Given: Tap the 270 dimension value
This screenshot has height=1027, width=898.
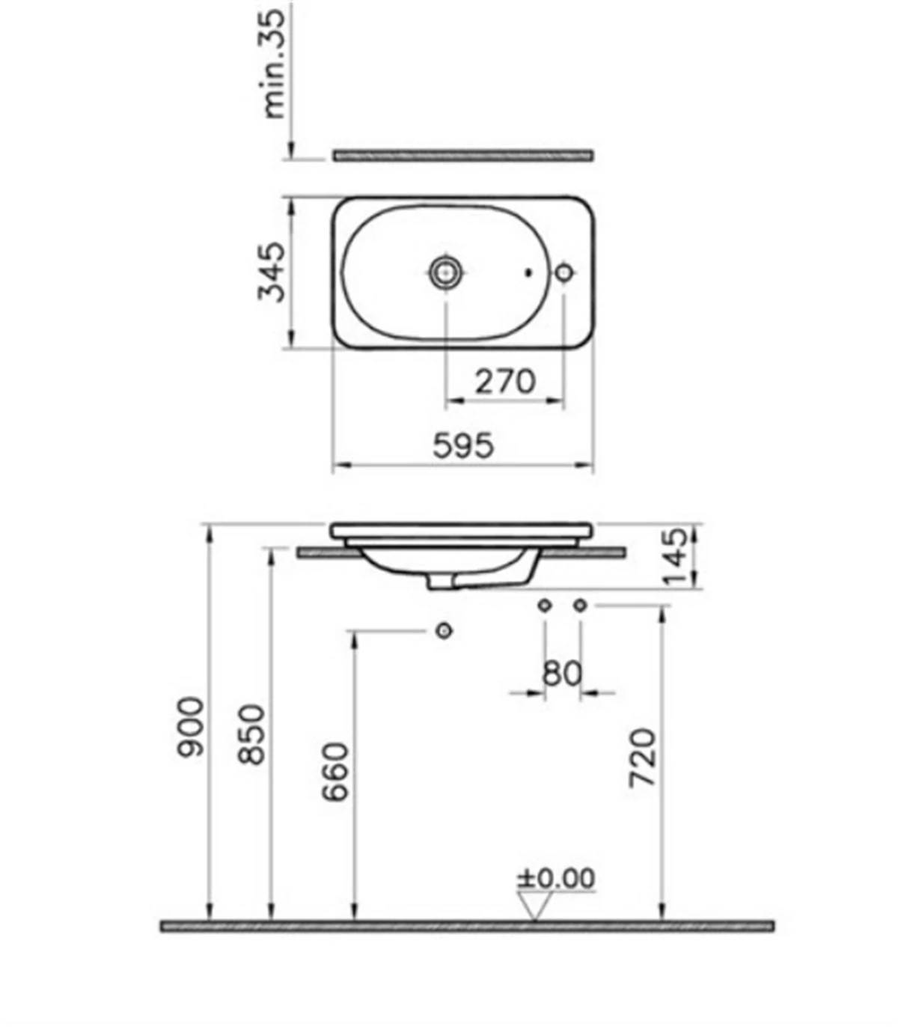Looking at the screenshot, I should click(506, 382).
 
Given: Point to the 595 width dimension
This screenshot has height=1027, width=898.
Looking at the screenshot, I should click(463, 445).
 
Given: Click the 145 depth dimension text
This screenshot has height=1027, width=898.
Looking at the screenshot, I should click(674, 557).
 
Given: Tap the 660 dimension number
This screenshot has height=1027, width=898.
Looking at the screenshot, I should click(336, 772).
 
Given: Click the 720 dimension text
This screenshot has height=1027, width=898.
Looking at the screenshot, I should click(643, 758).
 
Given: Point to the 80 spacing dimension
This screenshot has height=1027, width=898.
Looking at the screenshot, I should click(561, 674).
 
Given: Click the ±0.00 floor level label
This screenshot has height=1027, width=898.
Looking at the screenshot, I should click(557, 878).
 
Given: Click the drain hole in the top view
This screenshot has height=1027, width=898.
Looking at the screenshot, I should click(446, 272).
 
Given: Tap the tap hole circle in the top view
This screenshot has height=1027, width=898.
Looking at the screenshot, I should click(564, 272).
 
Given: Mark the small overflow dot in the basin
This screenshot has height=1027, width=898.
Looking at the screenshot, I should click(529, 273).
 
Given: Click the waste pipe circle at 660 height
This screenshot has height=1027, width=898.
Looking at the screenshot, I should click(445, 631).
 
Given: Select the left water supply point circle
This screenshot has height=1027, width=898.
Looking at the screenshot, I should click(545, 605).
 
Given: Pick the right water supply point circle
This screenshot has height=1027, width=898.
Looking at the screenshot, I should click(579, 605).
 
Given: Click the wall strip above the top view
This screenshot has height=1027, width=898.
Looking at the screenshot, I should click(463, 155).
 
